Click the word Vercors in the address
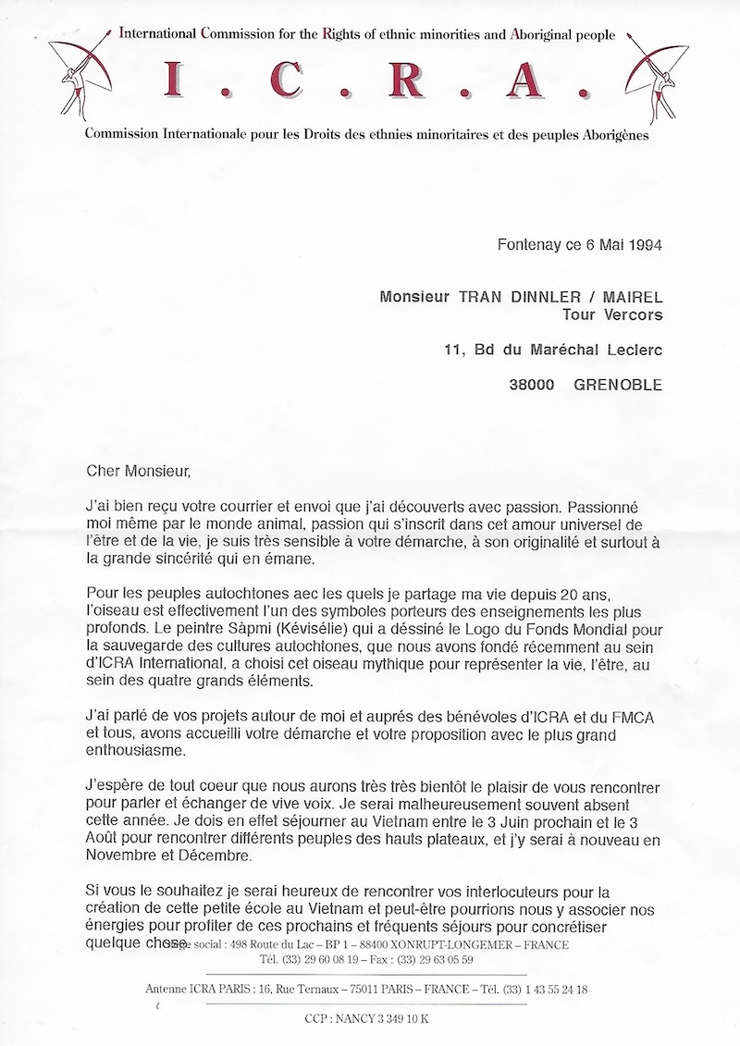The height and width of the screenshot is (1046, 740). pos(634,315)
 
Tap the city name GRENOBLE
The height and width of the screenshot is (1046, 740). pos(619,385)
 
